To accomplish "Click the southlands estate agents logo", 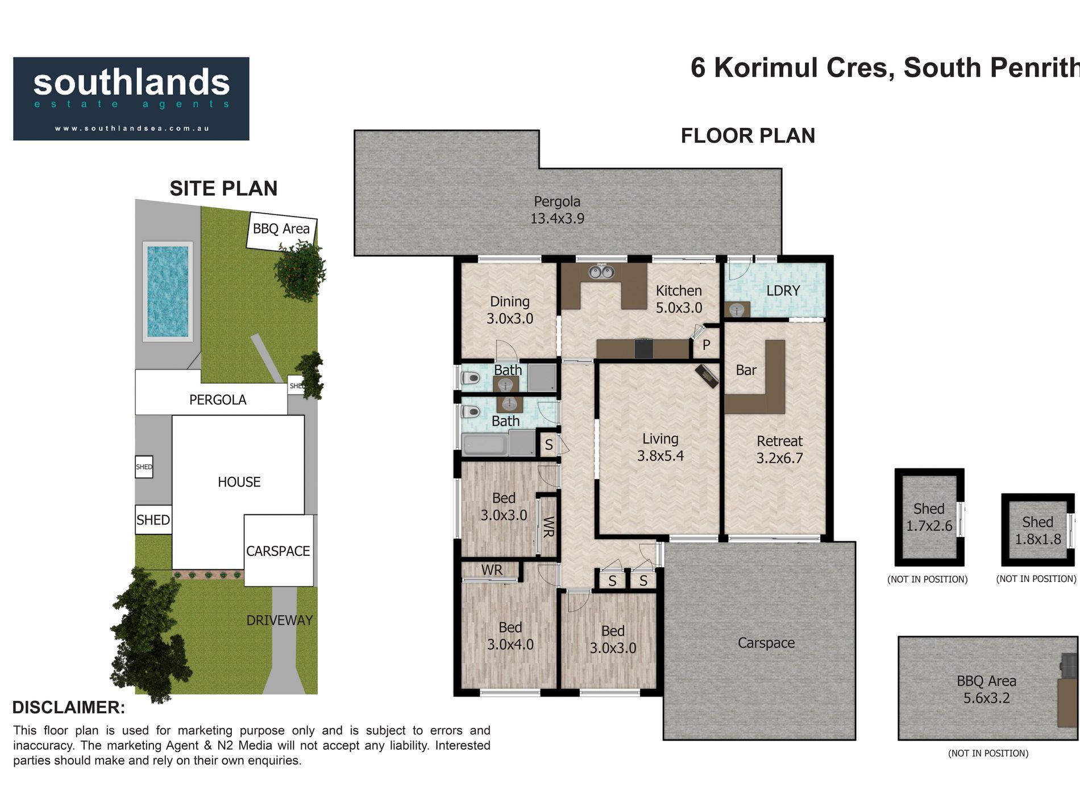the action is tap(131, 99).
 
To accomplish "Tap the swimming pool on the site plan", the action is tap(168, 292).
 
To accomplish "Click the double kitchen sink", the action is tap(601, 272).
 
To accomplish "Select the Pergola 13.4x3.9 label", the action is tap(557, 210).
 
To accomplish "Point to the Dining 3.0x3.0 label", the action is tap(510, 310).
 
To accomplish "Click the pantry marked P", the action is tap(706, 344).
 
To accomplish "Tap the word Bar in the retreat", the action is tap(746, 370).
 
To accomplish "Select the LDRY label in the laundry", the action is tap(783, 291).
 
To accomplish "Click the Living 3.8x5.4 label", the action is tap(660, 447).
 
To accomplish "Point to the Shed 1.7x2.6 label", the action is tap(929, 517).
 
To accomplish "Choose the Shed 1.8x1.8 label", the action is tap(1038, 530).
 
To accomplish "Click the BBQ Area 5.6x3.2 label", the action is tap(986, 689).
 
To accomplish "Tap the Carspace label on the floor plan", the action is tap(766, 643).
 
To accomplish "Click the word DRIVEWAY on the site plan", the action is tap(279, 620).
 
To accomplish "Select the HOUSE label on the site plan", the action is tap(239, 482).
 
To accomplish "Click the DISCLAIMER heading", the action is tap(69, 707).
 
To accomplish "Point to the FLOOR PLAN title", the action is tap(748, 136).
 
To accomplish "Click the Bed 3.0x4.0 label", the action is tap(510, 635).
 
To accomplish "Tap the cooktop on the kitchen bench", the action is tap(643, 348).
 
